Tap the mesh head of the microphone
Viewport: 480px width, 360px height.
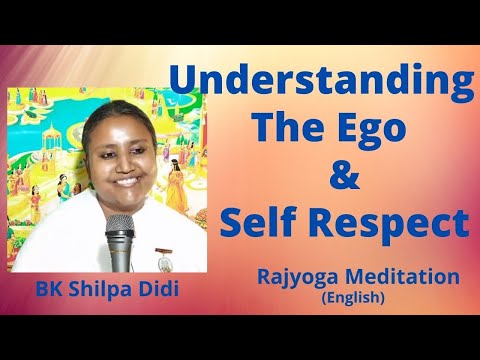click(x=120, y=230)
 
